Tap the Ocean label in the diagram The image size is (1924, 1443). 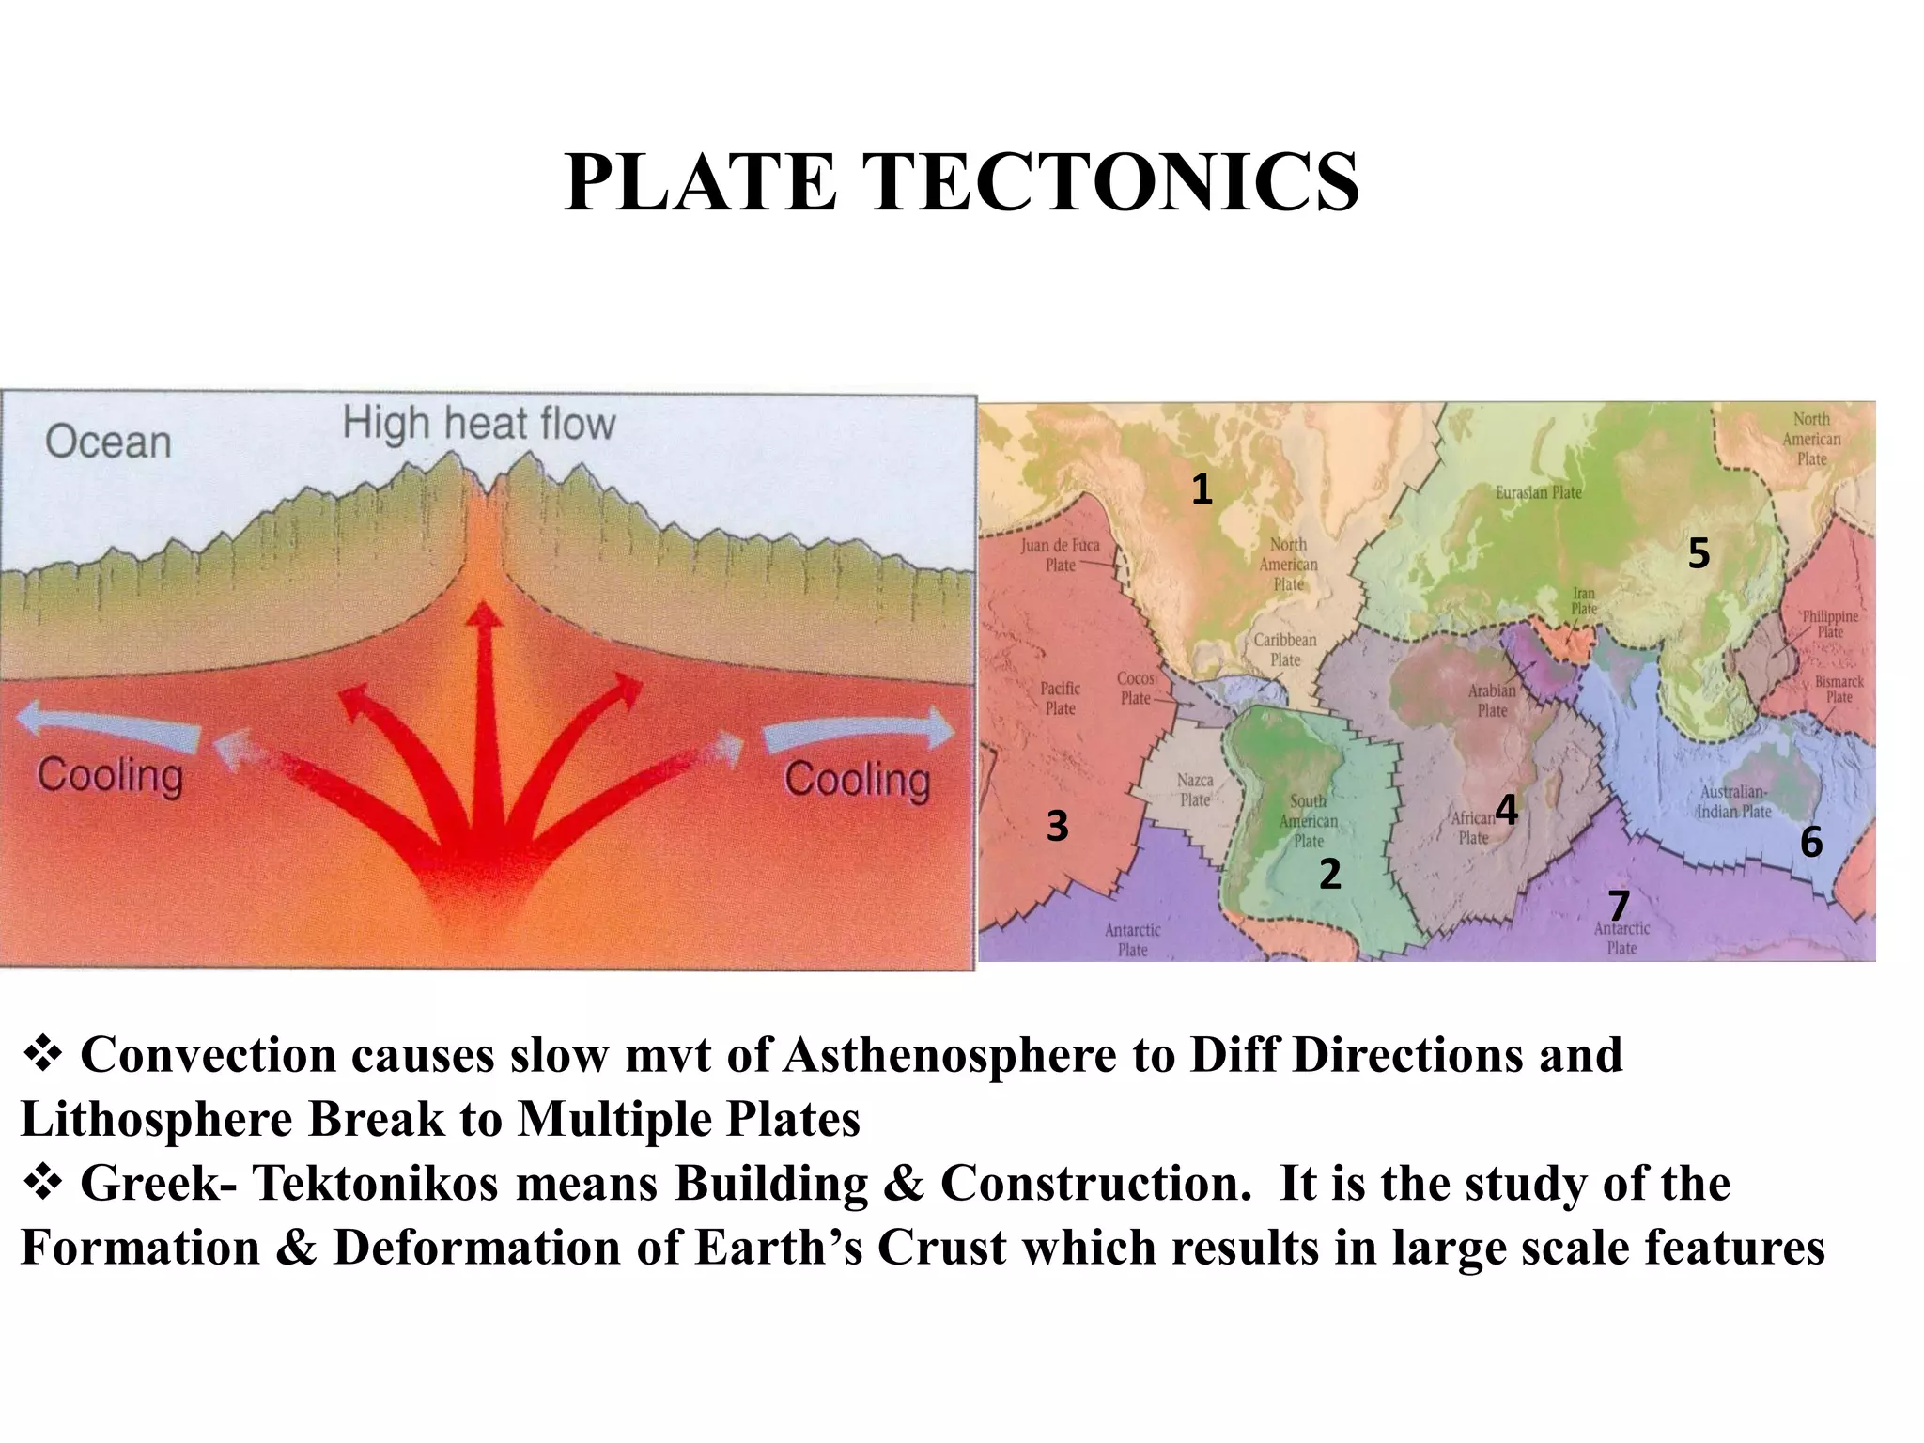click(108, 442)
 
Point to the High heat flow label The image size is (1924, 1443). click(479, 423)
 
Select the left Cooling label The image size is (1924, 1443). click(110, 776)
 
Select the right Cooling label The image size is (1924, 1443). click(857, 779)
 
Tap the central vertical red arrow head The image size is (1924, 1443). click(485, 616)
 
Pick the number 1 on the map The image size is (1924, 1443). click(1202, 489)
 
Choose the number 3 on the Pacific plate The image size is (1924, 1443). click(1057, 827)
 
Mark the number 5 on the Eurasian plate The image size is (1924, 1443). click(1699, 553)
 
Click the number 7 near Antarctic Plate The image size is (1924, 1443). click(1618, 906)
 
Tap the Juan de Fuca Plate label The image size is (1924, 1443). click(1060, 554)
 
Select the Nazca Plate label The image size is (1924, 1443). click(1195, 790)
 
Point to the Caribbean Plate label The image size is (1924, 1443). click(1285, 649)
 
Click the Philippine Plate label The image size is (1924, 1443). click(1829, 624)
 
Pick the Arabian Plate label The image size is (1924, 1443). click(1492, 700)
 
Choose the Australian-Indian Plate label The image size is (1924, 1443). click(1733, 801)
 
